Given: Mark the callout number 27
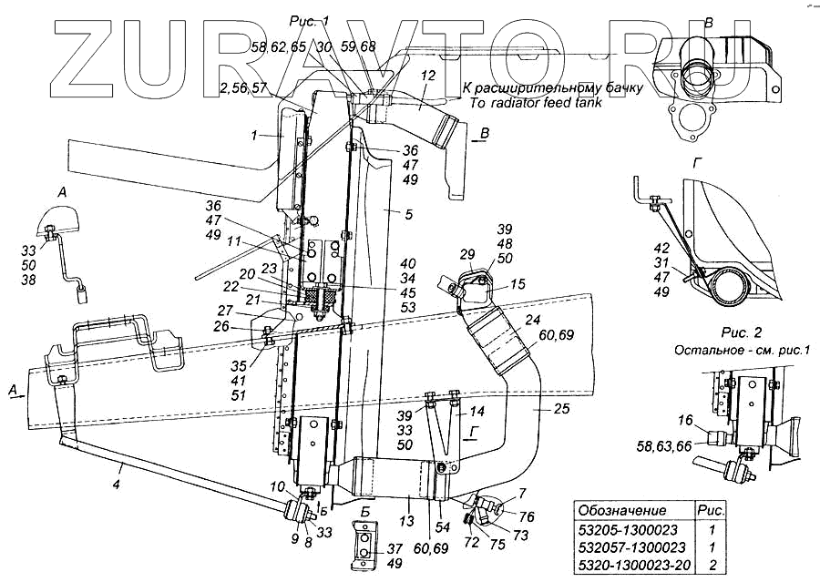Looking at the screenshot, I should (251, 310).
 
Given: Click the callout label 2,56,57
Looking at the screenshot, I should (243, 88).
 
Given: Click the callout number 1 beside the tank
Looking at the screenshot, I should (258, 136).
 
